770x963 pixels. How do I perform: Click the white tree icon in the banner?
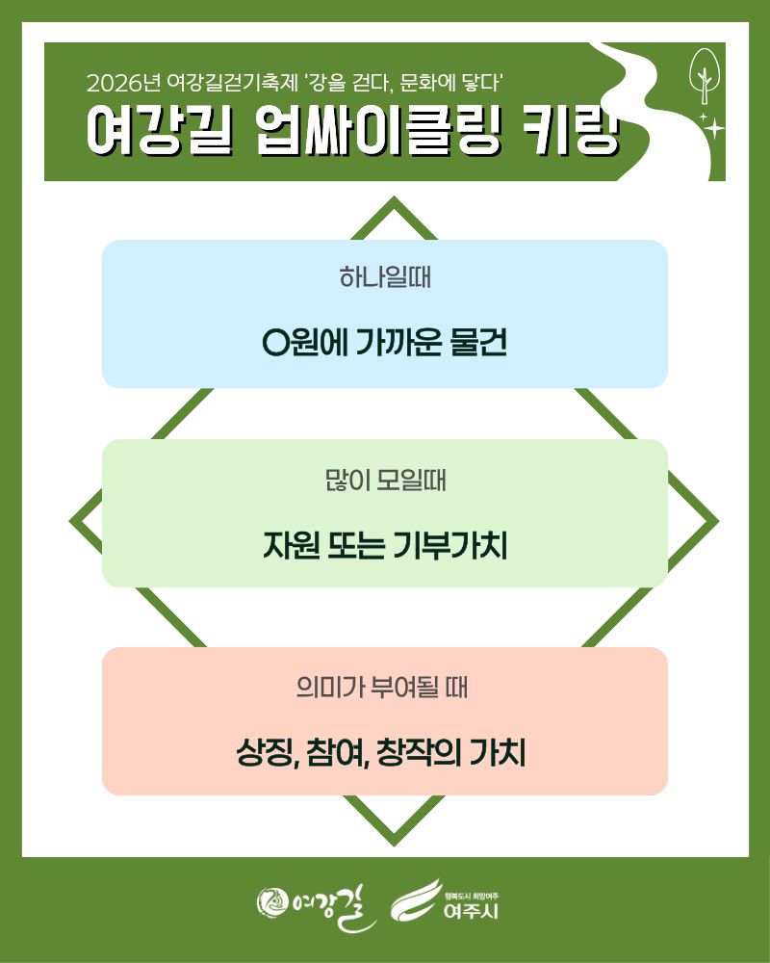click(x=705, y=77)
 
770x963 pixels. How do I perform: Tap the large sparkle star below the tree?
click(x=713, y=128)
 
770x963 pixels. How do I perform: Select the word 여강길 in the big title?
click(x=160, y=130)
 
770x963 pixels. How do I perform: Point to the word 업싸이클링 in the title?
click(x=378, y=130)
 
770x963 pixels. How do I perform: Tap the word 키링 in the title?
click(x=571, y=130)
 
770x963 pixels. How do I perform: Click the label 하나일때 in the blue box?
click(x=385, y=277)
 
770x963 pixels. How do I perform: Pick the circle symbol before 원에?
click(x=275, y=343)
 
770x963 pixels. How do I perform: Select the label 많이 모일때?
click(x=385, y=481)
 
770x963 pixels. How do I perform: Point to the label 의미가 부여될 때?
click(x=382, y=687)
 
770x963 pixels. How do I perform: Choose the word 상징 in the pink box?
click(x=268, y=752)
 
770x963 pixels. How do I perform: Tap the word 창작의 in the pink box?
click(x=419, y=752)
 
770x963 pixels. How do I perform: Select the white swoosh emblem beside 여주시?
click(x=417, y=900)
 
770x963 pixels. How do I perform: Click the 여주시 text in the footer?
click(x=471, y=911)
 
